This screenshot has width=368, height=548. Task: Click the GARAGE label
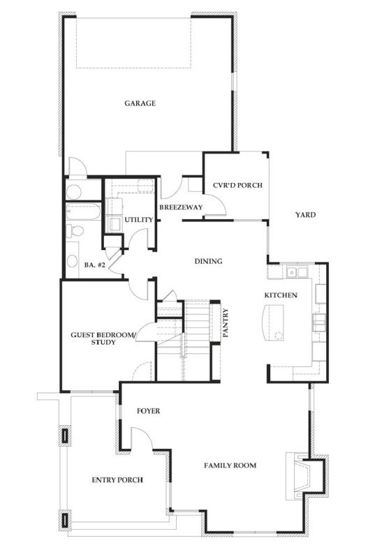[x=140, y=103]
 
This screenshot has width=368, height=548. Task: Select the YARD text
[x=305, y=215]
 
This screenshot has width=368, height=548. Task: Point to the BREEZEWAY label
[x=180, y=207]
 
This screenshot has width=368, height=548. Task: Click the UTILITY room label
[x=138, y=220]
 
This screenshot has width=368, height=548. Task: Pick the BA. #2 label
[x=94, y=265]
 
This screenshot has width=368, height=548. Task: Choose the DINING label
[x=208, y=262]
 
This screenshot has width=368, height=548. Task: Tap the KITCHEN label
[x=281, y=295]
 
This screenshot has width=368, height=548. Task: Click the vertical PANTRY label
[x=225, y=323]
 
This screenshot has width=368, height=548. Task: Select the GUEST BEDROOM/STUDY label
[x=104, y=339]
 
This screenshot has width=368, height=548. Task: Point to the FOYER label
[x=148, y=411]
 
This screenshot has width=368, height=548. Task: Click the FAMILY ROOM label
[x=230, y=465]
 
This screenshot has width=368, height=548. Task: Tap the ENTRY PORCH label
[x=117, y=480]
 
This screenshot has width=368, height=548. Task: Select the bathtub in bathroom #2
[x=83, y=212]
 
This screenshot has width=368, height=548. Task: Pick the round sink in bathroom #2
[x=73, y=261]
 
